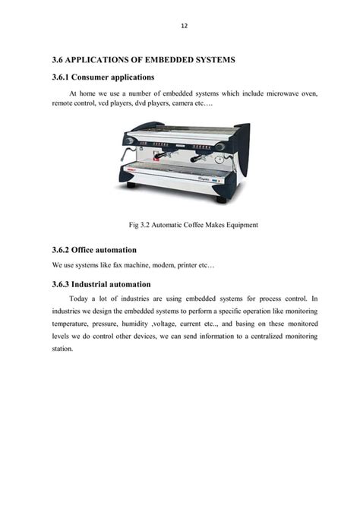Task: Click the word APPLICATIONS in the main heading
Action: click(x=103, y=59)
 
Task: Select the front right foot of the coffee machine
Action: click(x=221, y=199)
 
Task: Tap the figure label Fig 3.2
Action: click(x=138, y=225)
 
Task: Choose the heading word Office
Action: click(x=86, y=249)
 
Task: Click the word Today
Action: click(x=79, y=299)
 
